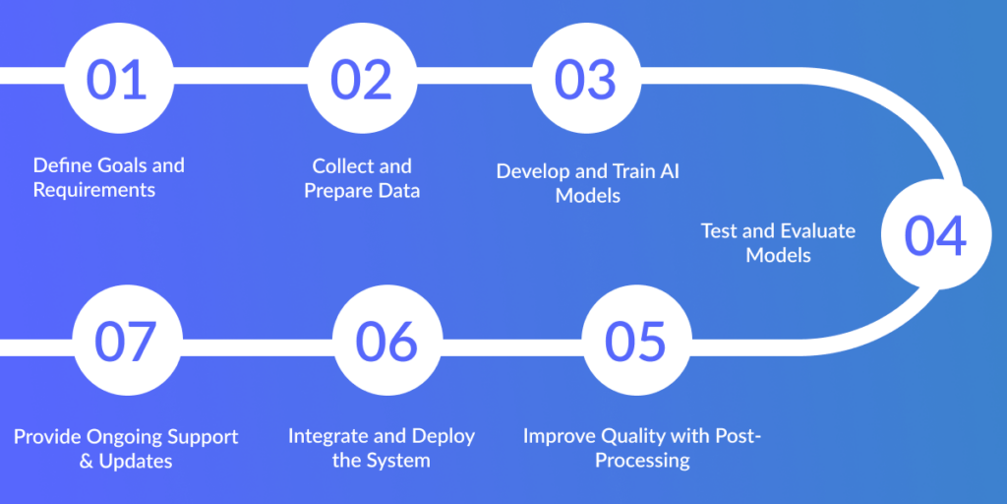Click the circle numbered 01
pos(116,80)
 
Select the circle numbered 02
pos(361,80)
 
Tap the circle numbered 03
pos(587,80)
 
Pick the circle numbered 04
pos(935,236)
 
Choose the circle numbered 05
pos(635,341)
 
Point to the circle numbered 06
pos(386,341)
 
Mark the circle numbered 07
pos(126,341)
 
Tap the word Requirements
pos(94,190)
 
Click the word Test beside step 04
pos(719,231)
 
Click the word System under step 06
pos(399,461)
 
